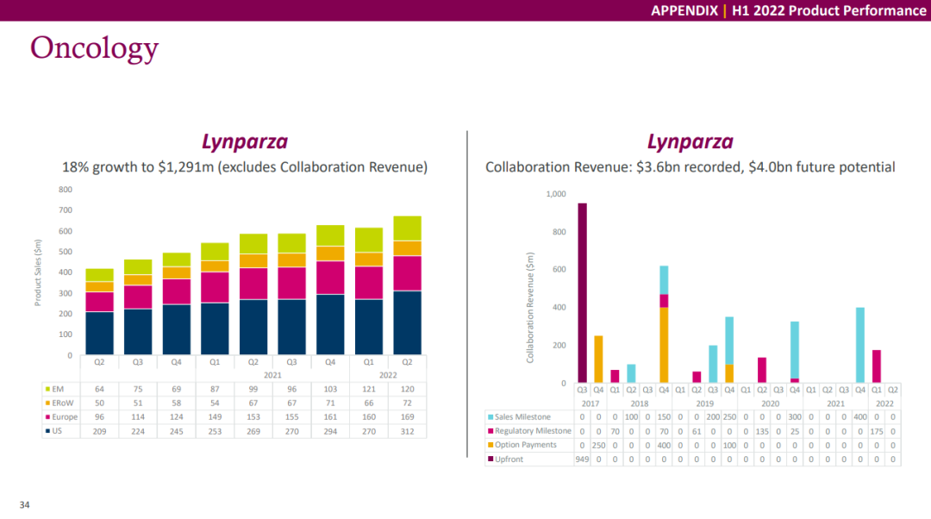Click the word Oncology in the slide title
[x=95, y=48]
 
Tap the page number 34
[x=24, y=504]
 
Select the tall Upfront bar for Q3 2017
[x=583, y=293]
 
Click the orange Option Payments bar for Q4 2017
[x=598, y=360]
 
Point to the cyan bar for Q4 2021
[x=859, y=345]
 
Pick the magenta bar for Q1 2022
[x=877, y=366]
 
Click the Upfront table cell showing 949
[x=583, y=459]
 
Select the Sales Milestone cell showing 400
[x=859, y=417]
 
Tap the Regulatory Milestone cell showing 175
[x=877, y=431]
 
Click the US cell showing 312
[x=407, y=431]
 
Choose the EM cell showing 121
[x=369, y=389]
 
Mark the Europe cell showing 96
[x=99, y=417]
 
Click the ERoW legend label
[x=62, y=403]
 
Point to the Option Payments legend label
[x=526, y=445]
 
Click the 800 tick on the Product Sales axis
[x=66, y=190]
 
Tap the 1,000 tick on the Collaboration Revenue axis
[x=556, y=194]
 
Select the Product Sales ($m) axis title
[x=38, y=272]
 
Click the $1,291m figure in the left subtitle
[x=185, y=167]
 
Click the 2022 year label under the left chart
[x=388, y=375]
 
